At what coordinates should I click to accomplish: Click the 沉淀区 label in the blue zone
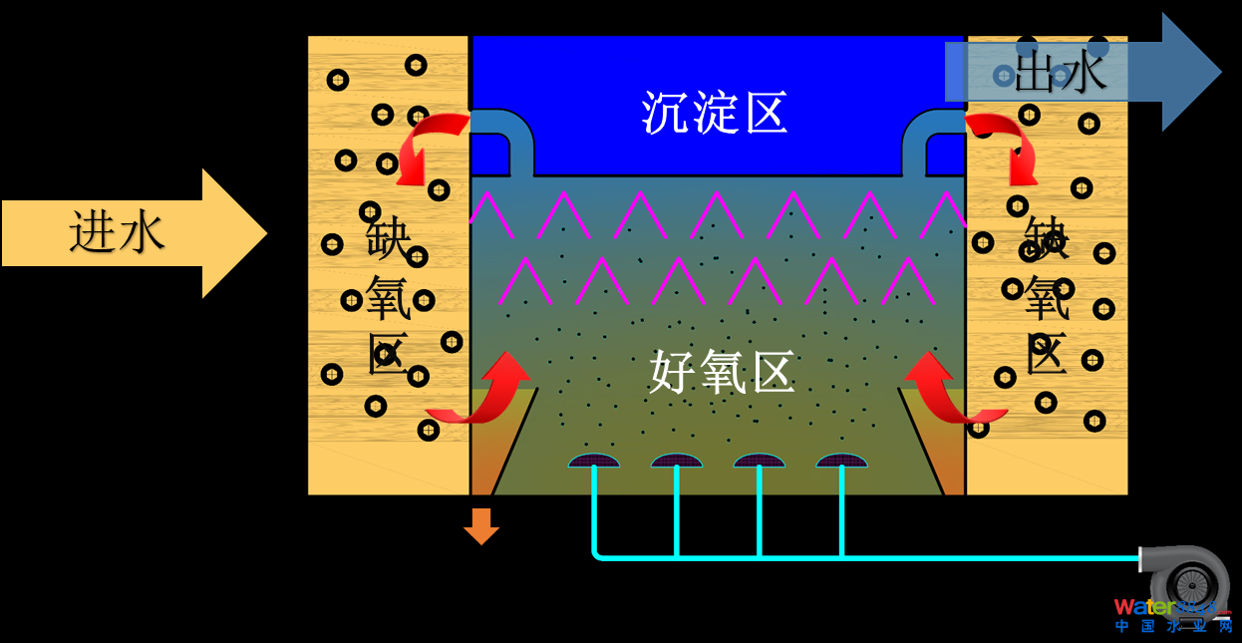715,112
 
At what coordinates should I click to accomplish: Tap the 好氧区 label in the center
722,372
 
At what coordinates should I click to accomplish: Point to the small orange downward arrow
481,525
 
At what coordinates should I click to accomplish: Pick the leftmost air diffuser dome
594,461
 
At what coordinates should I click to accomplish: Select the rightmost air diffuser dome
842,461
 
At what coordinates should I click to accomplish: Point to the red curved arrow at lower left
485,389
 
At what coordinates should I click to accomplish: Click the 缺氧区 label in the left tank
389,298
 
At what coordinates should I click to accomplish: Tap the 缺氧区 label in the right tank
1047,298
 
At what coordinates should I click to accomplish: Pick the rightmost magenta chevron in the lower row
908,280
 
